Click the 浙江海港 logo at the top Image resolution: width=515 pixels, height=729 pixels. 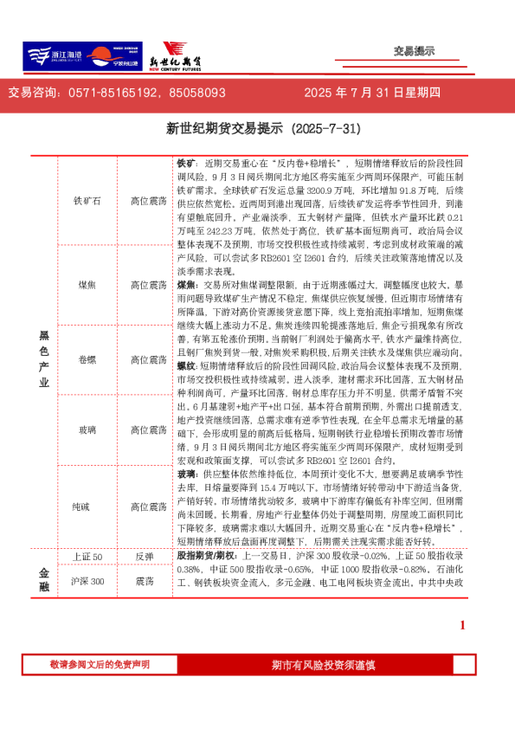54,57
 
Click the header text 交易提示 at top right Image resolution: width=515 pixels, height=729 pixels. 414,52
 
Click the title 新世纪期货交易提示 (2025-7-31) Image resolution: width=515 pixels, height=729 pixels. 257,129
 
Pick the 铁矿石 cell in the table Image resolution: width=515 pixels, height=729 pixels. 88,201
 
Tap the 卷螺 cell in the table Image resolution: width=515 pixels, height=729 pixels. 88,359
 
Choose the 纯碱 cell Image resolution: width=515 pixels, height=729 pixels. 88,505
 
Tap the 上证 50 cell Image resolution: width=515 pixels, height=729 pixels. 88,557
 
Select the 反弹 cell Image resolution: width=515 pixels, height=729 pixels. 145,557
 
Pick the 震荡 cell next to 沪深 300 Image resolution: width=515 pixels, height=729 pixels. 145,582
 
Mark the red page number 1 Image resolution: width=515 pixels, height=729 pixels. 462,626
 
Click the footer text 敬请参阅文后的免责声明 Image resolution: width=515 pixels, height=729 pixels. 100,664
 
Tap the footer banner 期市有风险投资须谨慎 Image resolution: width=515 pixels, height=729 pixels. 322,665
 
